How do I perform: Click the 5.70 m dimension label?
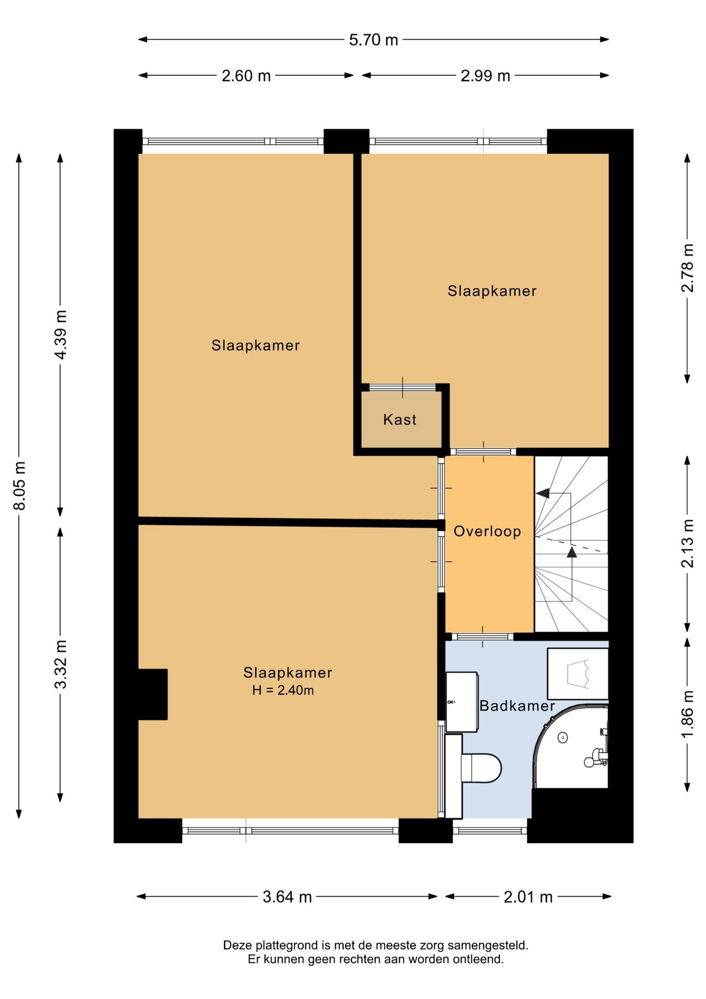pos(373,40)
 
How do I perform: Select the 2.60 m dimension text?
pos(246,76)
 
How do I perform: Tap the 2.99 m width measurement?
pos(485,76)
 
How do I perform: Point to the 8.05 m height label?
pos(20,485)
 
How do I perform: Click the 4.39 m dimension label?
pos(61,335)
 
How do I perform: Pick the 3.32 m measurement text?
pos(61,664)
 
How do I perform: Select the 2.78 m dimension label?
pos(687,268)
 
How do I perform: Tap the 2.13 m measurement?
pos(687,544)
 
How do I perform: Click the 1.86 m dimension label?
pos(687,714)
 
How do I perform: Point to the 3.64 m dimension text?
pos(287,897)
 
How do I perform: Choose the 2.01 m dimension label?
pos(528,897)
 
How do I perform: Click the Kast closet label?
pos(400,419)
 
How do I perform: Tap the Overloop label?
pos(487,531)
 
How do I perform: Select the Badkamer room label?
pos(517,706)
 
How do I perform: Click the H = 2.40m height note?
pos(283,690)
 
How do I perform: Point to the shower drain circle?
pos(563,737)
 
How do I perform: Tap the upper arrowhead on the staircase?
pos(543,493)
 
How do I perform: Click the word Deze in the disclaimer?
pos(237,945)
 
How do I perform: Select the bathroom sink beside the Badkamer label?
pos(462,702)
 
